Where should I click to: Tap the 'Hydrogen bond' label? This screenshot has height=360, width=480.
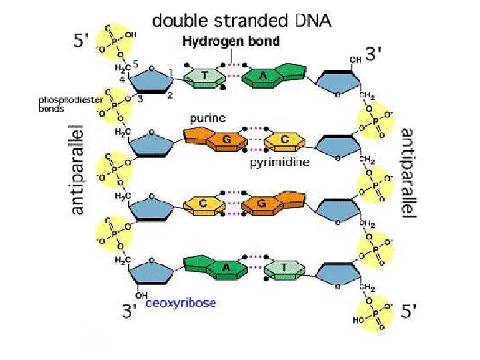(x=231, y=41)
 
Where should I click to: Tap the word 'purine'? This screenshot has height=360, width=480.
(x=207, y=118)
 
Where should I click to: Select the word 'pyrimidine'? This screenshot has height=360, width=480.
(x=279, y=162)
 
